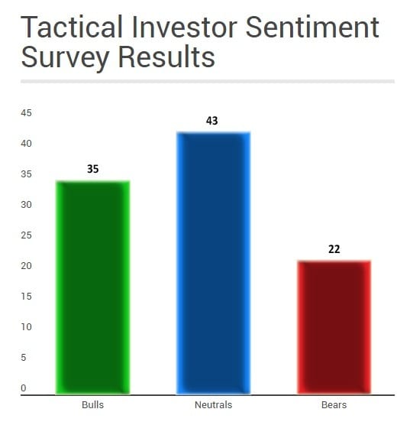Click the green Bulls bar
(92, 287)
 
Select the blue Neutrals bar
(213, 263)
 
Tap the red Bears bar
(334, 327)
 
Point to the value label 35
(93, 169)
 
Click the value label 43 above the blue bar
(211, 121)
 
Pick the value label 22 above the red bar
(334, 249)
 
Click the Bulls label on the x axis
(92, 404)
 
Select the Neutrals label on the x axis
(213, 404)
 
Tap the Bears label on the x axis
(334, 404)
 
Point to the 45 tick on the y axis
(26, 113)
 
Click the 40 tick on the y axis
(26, 144)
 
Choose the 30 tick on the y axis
(26, 205)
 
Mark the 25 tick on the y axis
(26, 235)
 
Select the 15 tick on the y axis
(26, 297)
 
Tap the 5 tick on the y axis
(24, 358)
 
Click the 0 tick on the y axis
(24, 388)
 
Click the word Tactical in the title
(72, 27)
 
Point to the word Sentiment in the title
(312, 27)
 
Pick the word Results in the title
(166, 57)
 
